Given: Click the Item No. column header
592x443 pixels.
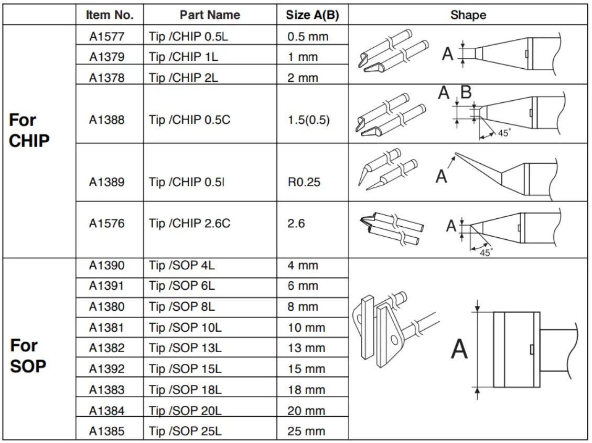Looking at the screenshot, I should (x=110, y=15).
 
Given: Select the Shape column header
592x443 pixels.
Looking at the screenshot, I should (x=468, y=15).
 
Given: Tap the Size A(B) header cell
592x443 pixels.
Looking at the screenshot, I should (x=313, y=15).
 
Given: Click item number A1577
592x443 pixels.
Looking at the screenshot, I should (x=106, y=37).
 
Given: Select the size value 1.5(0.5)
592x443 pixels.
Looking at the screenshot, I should (x=309, y=120).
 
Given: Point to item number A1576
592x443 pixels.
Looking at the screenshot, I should (x=106, y=224).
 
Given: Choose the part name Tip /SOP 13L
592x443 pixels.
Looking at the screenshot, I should (x=185, y=348).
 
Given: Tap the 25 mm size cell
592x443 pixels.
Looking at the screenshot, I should (x=306, y=431).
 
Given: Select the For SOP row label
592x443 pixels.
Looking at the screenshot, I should (x=28, y=356).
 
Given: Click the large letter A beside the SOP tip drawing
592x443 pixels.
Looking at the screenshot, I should (x=459, y=350).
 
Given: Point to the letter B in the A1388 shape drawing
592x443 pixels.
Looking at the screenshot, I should (x=466, y=93).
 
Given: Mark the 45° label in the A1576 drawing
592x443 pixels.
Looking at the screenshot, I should (x=486, y=252).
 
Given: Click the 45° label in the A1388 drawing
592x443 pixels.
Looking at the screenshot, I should (x=503, y=133).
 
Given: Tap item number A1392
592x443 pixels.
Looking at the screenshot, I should (x=106, y=369).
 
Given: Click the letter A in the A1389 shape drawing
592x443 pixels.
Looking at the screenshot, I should (x=442, y=176).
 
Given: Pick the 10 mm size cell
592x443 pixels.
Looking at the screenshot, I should (x=306, y=328).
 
